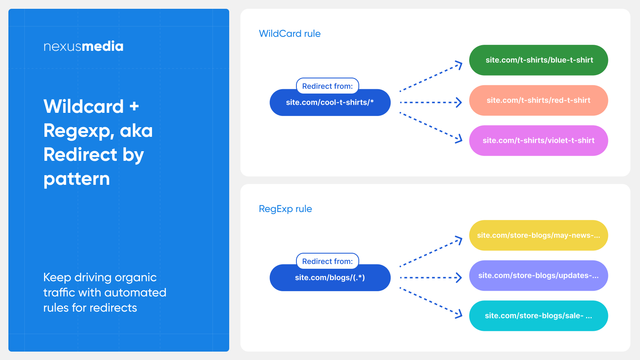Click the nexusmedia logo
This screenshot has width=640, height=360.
(84, 46)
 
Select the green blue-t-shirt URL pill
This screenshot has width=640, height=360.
(538, 60)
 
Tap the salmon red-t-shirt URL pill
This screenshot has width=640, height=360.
(538, 100)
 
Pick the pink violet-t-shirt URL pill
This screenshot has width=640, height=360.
(538, 140)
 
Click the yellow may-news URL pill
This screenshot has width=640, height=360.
(538, 236)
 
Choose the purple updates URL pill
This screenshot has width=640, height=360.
(538, 276)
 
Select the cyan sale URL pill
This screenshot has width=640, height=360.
(538, 316)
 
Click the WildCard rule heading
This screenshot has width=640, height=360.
(290, 34)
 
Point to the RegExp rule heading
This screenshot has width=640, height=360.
(286, 209)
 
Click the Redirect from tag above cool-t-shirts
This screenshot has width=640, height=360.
(328, 86)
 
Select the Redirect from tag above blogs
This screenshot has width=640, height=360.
(328, 261)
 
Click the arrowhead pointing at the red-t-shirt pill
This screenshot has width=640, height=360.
(458, 102)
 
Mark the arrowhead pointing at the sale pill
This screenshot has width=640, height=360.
(459, 314)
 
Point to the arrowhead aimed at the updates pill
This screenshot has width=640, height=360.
(458, 278)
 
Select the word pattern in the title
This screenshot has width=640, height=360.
(76, 180)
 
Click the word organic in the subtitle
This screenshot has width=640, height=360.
(136, 278)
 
